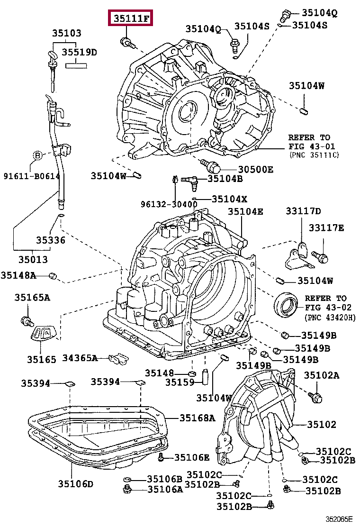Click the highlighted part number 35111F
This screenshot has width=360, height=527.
[x=131, y=18]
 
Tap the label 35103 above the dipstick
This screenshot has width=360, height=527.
[x=67, y=33]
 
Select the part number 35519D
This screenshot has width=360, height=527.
[x=79, y=52]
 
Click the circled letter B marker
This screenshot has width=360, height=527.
[x=37, y=155]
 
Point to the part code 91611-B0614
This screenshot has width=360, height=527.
[x=32, y=176]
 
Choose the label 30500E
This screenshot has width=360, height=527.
[x=256, y=169]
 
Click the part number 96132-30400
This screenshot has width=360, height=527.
[x=169, y=204]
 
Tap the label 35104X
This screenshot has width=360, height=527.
[x=229, y=200]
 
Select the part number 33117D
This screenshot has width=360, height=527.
[x=303, y=211]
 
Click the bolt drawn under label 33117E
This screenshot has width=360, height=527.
[x=320, y=257]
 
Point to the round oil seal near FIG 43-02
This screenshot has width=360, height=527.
[x=286, y=305]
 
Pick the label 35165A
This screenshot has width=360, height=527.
[x=32, y=298]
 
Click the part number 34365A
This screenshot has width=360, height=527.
[x=80, y=358]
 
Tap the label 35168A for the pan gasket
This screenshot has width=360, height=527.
[x=198, y=418]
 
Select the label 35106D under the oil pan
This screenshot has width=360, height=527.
[x=76, y=484]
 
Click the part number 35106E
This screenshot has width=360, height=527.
[x=192, y=457]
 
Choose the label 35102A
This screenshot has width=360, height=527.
[x=322, y=375]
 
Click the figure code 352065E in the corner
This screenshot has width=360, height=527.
[x=339, y=519]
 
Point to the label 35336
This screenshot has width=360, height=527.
[x=51, y=240]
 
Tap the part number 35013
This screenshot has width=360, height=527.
[x=33, y=259]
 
